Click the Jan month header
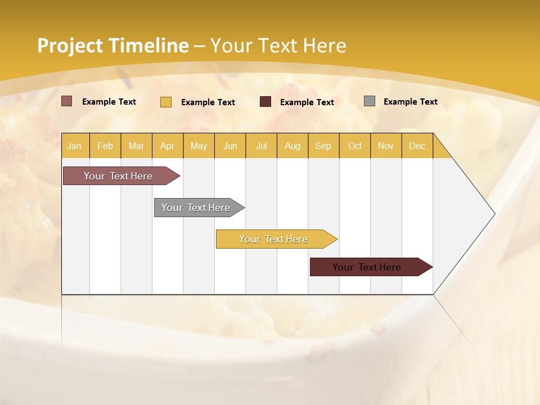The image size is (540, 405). coord(74,146)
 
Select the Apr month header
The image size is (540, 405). coord(167,146)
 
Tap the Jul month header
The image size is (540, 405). coord(261,146)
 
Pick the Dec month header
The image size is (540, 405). coord(417,146)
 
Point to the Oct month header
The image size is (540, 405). coord(355,146)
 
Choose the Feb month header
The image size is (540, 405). coord(105,146)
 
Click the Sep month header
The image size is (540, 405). coord(323,146)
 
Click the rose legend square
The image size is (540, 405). coord(67,101)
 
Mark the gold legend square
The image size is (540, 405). coord(165,102)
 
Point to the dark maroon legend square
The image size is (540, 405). coord(265,102)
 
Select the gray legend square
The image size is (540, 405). coord(370,101)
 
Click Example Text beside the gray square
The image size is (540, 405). coord(410,101)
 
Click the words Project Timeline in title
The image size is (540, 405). coord(112,46)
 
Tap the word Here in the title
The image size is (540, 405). coord(325,46)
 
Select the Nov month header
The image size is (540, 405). coord(386,146)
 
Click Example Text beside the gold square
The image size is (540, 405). coord(208,102)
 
